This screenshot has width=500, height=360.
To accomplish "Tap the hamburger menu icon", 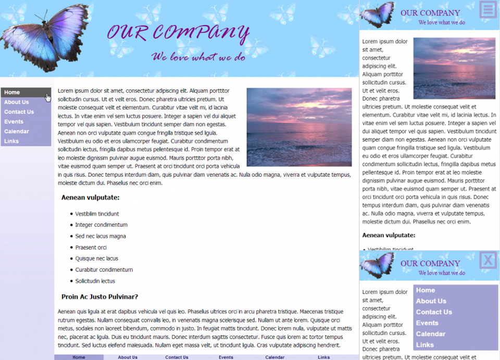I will coord(488,9).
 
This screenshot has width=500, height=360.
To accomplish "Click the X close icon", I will coord(488,259).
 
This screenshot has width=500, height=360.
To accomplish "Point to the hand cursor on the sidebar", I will coord(48,97).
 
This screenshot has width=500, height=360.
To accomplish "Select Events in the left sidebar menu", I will coord(14,121).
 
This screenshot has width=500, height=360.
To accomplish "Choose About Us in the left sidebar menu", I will coord(17,102).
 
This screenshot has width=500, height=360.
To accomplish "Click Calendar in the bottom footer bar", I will coord(275,357).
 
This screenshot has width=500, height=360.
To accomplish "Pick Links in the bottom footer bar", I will coord(324,357).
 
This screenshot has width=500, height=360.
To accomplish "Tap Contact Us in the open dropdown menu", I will coord(434,312).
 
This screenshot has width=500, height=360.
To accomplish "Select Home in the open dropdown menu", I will coord(426,290).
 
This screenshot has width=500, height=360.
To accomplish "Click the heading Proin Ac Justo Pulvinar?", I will coord(99,297).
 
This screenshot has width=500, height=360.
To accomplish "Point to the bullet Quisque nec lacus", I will coord(97,258).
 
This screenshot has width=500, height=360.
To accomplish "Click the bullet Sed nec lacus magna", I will coord(101,236).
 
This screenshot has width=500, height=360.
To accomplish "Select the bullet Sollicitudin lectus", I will coord(95,281).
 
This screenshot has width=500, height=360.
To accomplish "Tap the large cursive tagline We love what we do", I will coord(198,57).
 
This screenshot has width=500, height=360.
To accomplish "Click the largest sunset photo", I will coord(299,127).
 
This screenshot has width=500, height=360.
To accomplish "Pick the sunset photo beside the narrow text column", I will coord(454,68).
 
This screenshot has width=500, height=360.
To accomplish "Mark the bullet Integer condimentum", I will coord(101,225).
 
